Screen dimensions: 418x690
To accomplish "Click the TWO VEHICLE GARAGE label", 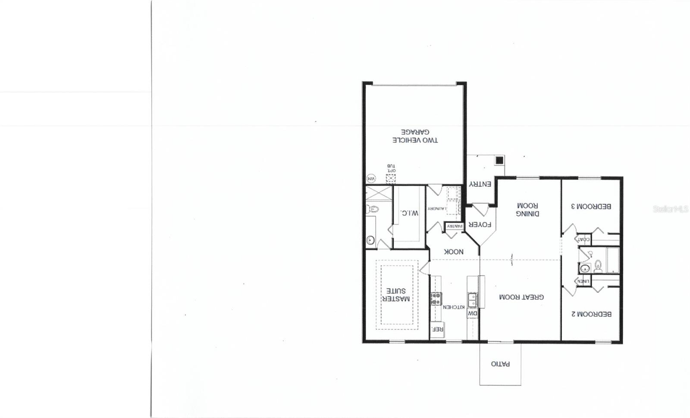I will click(x=415, y=136).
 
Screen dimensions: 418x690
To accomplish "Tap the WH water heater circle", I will click(x=370, y=178).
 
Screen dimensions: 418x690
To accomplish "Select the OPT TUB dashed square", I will click(x=391, y=178).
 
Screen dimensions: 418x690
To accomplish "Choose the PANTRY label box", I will click(x=455, y=226).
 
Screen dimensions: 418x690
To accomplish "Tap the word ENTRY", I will click(x=480, y=184).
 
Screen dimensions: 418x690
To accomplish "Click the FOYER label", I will click(x=480, y=225).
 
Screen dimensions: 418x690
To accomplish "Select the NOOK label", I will click(x=454, y=252).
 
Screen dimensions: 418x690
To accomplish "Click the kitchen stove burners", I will click(x=436, y=298).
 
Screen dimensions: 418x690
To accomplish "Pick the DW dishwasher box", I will click(x=473, y=314).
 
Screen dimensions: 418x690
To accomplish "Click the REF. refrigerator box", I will click(x=437, y=329).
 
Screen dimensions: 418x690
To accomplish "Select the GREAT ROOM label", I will click(x=521, y=297).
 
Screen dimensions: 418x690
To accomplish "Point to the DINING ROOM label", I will click(x=527, y=210).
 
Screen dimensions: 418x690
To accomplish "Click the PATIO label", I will click(x=500, y=364).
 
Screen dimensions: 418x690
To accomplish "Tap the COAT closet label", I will click(x=583, y=239).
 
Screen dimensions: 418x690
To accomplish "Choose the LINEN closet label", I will click(x=583, y=281).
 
